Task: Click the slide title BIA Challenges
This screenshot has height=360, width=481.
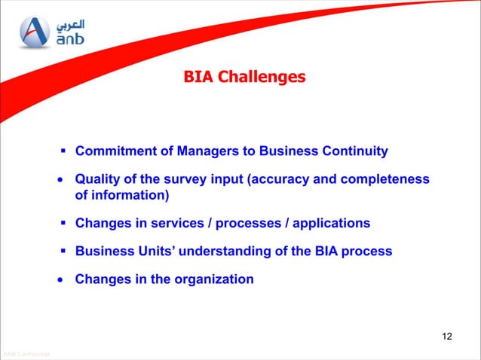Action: tap(245, 77)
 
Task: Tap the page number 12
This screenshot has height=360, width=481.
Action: tap(447, 336)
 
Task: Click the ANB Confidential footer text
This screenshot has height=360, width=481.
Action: tap(26, 354)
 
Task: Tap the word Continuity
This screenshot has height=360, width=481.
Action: tap(356, 151)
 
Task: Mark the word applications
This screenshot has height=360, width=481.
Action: tap(331, 224)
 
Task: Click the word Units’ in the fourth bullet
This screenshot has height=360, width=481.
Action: tap(156, 252)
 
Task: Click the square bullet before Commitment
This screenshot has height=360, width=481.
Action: tap(65, 151)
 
